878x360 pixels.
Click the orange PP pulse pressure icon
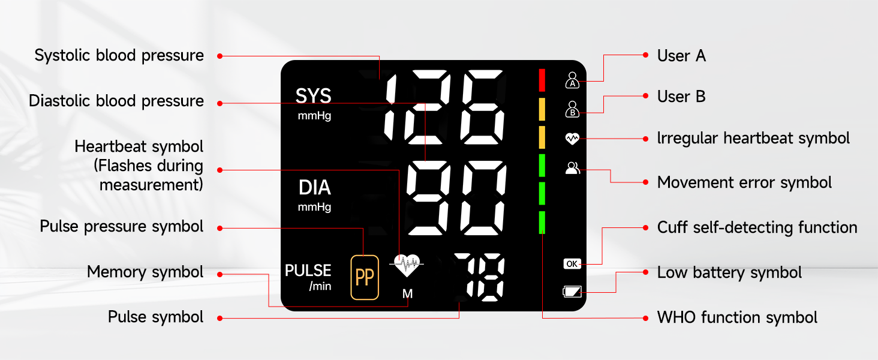365,277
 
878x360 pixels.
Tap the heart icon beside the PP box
407,265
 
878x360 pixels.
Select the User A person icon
572,80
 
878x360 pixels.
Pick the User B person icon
572,109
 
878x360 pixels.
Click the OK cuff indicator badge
572,264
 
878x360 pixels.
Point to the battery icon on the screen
572,292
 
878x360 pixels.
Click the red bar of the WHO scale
542,80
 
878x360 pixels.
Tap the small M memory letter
408,294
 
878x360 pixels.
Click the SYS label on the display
313,96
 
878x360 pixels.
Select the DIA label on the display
315,187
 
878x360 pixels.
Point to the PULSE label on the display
308,270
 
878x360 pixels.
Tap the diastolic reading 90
456,198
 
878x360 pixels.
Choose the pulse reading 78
479,277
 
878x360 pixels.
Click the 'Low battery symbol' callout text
729,272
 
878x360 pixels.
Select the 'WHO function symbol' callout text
737,317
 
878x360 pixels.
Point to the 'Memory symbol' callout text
145,272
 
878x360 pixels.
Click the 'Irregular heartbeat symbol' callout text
753,138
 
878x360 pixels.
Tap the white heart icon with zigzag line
572,139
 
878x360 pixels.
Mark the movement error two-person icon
572,168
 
